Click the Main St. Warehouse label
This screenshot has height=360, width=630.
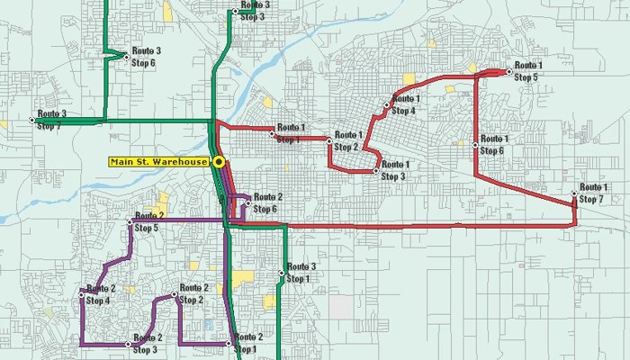(159, 162)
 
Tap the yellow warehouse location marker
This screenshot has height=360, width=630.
(219, 162)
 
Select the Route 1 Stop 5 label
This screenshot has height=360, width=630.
(528, 72)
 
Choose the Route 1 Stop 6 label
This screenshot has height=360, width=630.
(494, 144)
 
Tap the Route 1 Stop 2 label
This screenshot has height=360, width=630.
(347, 141)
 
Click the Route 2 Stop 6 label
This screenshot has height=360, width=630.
(268, 203)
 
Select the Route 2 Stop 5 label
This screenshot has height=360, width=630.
(149, 222)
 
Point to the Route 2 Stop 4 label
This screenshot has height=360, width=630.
(100, 294)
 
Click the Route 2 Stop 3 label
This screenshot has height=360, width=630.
(148, 344)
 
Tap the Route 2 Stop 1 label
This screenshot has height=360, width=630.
(247, 343)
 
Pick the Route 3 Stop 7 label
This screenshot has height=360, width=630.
(51, 120)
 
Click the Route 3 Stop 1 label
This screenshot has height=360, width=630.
(301, 273)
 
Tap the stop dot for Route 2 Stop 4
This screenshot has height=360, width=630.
(83, 292)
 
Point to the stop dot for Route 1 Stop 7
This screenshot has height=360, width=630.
(574, 194)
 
